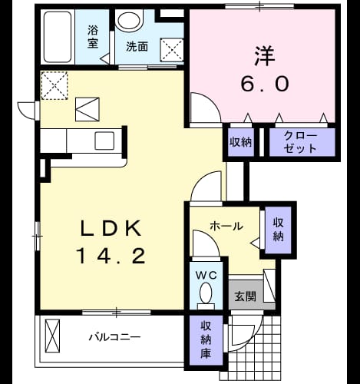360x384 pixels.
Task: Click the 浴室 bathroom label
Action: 93,37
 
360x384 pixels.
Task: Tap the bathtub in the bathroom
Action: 58,37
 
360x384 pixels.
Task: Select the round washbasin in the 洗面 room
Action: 129,20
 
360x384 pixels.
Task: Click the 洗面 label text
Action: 137,47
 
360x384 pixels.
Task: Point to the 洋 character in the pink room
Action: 265,56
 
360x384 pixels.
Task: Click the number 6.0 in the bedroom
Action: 265,84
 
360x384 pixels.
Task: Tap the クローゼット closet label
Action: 299,142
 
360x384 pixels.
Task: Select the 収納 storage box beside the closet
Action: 240,142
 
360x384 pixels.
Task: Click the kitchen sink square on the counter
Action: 104,141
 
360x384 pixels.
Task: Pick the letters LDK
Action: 111,228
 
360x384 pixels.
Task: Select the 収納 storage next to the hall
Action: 278,230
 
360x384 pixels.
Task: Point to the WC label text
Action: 206,275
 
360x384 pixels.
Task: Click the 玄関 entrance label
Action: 245,296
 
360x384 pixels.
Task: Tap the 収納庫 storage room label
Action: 206,340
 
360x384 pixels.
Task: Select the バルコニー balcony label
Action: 114,337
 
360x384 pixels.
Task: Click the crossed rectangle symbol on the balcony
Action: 52,336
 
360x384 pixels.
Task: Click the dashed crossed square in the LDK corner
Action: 54,85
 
